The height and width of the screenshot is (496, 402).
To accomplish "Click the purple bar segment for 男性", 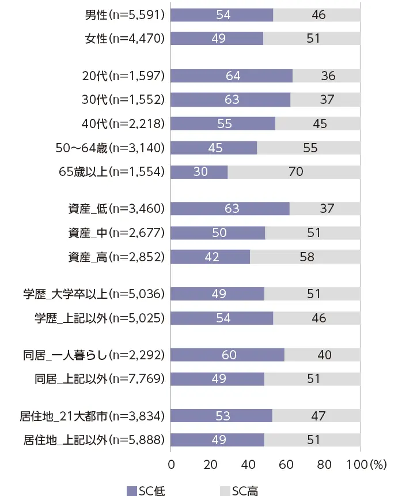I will [222, 14].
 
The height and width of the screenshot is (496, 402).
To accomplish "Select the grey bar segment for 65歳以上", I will [294, 172].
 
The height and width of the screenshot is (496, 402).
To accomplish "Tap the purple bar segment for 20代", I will [232, 76].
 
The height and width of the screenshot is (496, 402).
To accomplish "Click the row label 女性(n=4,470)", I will [124, 39].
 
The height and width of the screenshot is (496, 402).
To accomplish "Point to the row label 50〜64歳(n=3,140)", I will [109, 148].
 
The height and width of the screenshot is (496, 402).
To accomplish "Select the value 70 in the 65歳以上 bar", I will [296, 172].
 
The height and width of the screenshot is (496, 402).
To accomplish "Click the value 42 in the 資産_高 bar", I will [212, 257].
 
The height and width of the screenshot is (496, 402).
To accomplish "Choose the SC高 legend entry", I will [239, 490].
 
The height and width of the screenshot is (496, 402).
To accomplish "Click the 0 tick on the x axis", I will [171, 464].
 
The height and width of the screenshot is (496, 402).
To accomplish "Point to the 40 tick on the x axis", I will [247, 464].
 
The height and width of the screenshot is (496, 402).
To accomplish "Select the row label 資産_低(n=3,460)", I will [116, 209].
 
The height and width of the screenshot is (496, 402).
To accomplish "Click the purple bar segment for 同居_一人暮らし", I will [227, 355].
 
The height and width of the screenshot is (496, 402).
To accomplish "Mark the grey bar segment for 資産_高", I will [305, 257].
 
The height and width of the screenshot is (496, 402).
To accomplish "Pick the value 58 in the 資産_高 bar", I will [307, 257].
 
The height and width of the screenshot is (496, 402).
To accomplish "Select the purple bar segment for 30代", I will [230, 100].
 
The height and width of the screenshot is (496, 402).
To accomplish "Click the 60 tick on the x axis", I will [285, 464].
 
